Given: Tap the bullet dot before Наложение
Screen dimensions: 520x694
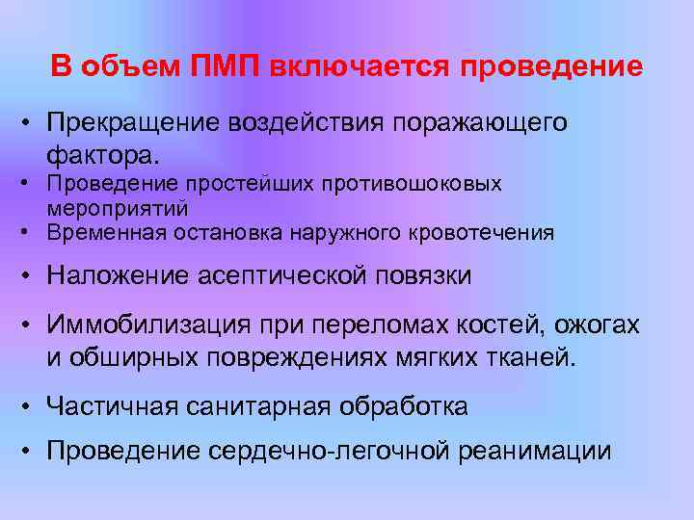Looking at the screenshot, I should pos(30,276).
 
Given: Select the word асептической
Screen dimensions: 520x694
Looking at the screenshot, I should pos(283,276).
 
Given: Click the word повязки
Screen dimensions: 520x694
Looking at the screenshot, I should pos(424,276).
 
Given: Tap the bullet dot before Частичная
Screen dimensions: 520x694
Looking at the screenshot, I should pos(30,406).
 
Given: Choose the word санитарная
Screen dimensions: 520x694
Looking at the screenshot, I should pos(248,406).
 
